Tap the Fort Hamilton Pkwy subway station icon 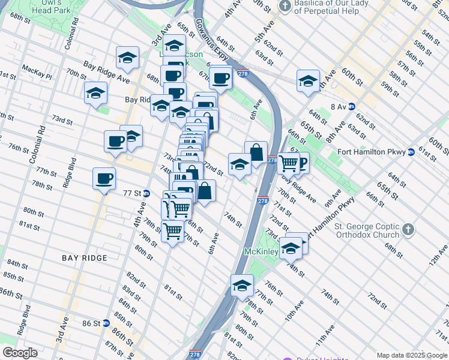point(411,152)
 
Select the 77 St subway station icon point(146,193)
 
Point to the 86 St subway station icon point(106,323)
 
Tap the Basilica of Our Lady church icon point(285,6)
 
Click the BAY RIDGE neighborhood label point(85,258)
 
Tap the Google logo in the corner point(20,353)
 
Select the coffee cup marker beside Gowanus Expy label point(221,77)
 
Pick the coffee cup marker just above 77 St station point(104,178)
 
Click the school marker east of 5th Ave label point(308,81)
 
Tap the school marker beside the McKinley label point(291,248)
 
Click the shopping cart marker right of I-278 point(289,162)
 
